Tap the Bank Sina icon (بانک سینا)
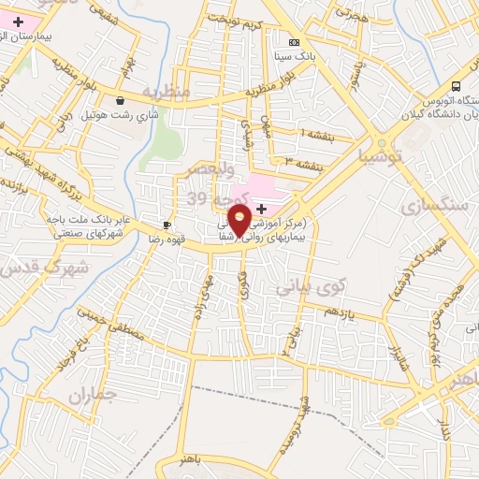tap(294, 43)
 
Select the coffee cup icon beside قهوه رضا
tap(167, 225)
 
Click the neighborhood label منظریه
tap(167, 91)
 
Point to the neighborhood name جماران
tap(92, 396)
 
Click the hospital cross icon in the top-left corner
tap(18, 21)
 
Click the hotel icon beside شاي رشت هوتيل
tap(120, 100)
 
